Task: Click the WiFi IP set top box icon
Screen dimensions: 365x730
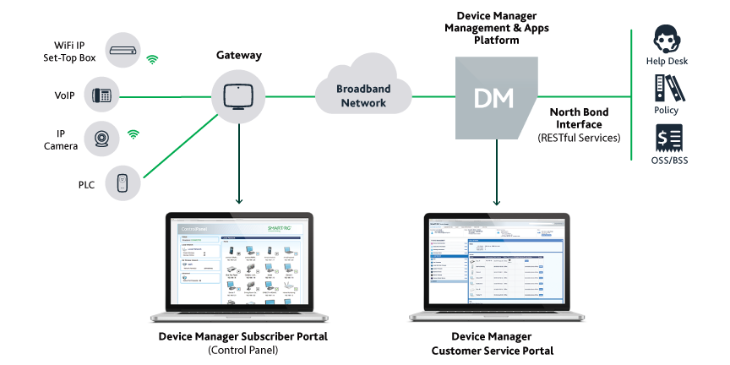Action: point(124,51)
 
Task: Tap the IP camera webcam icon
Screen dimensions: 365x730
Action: point(102,139)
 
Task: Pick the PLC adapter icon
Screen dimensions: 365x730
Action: point(123,182)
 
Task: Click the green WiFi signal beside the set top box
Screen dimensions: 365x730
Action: point(152,59)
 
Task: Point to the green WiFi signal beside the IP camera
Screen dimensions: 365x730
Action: point(133,133)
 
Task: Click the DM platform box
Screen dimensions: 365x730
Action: point(494,97)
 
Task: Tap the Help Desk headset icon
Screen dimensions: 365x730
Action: point(668,40)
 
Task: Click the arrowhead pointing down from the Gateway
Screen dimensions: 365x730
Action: point(239,201)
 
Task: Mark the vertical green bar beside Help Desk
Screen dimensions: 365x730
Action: point(632,93)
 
